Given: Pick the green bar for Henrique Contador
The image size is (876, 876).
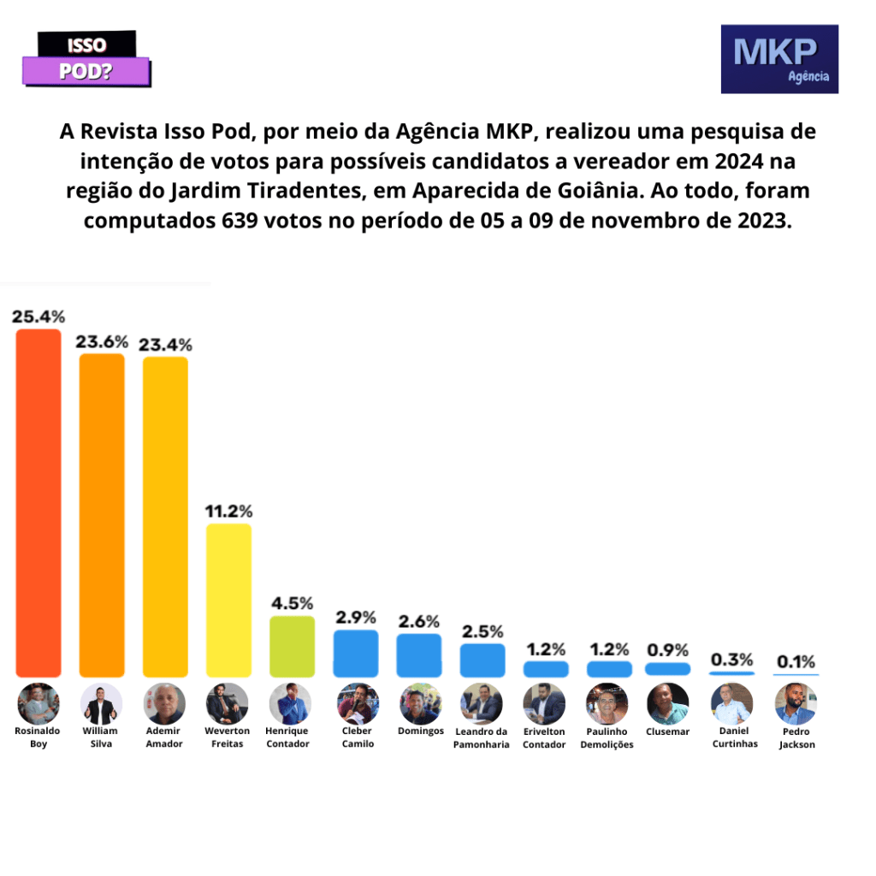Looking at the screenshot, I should click(x=292, y=647).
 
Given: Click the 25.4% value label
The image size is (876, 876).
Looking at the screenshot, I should click(x=38, y=316).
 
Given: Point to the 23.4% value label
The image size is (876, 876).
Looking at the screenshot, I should click(x=165, y=344).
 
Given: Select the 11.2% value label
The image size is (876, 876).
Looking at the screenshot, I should click(x=228, y=512).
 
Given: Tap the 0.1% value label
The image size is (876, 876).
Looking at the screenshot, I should click(x=796, y=661).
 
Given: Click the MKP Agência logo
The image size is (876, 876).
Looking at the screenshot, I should click(x=779, y=59).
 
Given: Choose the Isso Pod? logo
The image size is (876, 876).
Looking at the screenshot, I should click(x=86, y=59).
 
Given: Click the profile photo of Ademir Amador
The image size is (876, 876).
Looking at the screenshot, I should click(x=165, y=704).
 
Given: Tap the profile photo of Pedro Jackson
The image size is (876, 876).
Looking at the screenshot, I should click(x=796, y=704).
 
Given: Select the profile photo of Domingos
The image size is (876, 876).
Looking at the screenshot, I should click(x=420, y=704).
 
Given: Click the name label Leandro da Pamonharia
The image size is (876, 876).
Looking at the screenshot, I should click(x=482, y=737).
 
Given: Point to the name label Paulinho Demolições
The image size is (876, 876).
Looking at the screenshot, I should click(x=607, y=737).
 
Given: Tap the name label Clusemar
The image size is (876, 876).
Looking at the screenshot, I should click(x=668, y=731).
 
